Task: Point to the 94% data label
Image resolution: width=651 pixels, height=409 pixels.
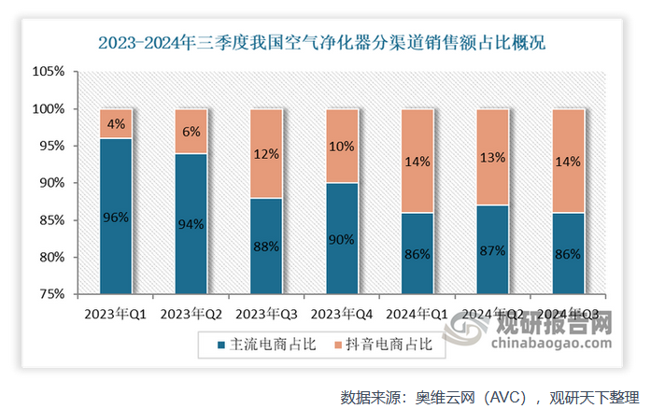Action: coord(191,223)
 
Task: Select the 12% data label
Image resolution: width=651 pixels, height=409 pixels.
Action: coord(266,153)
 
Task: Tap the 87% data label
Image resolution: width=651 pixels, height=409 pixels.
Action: coord(493,249)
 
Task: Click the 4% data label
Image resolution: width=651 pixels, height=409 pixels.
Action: coord(116,123)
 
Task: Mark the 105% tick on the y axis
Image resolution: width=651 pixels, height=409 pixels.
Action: coord(48,72)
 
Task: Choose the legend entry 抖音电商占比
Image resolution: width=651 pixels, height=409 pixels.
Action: coord(383,346)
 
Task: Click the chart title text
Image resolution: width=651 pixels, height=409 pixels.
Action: coord(324,42)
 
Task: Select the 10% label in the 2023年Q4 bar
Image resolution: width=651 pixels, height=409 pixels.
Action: coord(342,146)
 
